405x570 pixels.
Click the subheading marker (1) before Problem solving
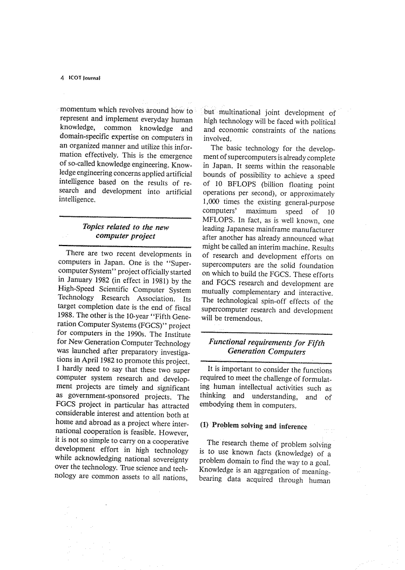click(205, 426)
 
